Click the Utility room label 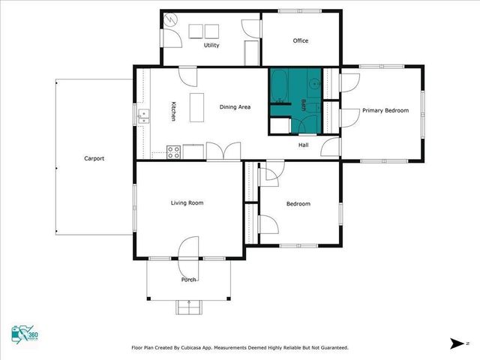tap(211, 46)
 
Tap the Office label tap(301, 40)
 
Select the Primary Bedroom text tap(385, 111)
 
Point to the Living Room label tap(187, 202)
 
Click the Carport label tap(94, 158)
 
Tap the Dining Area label tap(235, 107)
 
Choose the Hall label tap(304, 145)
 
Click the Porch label tap(188, 280)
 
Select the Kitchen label tap(173, 112)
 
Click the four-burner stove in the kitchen tap(173, 151)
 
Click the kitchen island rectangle tap(197, 107)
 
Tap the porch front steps tap(188, 306)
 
